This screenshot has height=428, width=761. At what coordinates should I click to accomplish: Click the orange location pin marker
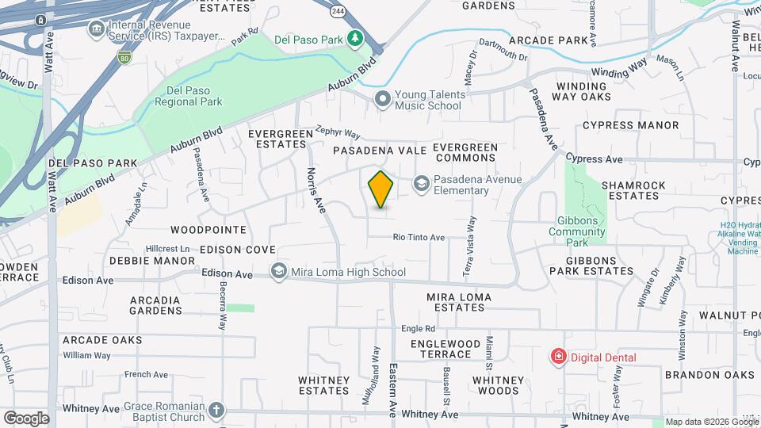381,189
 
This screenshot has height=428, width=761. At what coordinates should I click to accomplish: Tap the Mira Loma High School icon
278,272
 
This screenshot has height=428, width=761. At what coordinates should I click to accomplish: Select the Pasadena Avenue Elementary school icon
421,185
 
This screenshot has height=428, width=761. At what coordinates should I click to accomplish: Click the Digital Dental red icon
559,357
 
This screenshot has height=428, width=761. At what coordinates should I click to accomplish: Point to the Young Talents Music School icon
383,99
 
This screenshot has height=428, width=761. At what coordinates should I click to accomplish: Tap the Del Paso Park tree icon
356,38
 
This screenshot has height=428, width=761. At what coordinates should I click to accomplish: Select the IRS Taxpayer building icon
96,29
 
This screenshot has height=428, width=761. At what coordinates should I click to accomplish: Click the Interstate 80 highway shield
124,57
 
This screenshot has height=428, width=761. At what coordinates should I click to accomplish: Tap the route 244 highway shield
338,10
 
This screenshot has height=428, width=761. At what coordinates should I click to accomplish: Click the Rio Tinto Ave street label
419,237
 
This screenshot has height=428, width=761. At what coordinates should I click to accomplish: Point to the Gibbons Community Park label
577,225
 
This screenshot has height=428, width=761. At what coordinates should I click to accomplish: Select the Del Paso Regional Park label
189,95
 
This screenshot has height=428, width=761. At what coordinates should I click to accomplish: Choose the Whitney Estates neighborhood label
324,385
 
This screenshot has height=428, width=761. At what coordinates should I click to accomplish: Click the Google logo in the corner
25,418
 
